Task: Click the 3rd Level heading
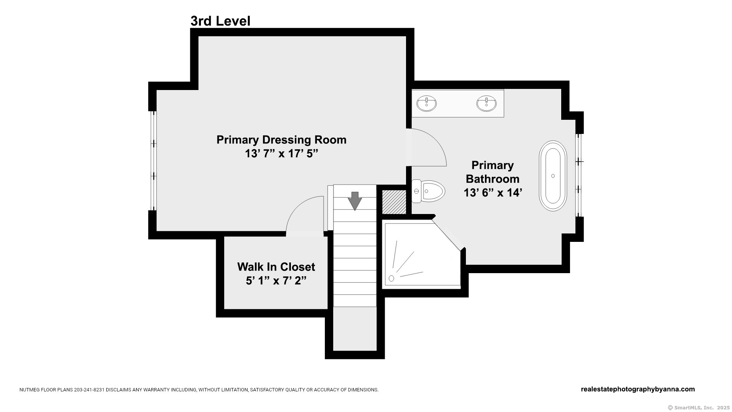click(x=220, y=21)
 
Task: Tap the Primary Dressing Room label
click(x=281, y=140)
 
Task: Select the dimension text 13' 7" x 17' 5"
click(x=281, y=154)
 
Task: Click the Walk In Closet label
click(x=276, y=267)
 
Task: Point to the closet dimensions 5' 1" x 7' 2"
click(x=276, y=281)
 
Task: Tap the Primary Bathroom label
click(x=493, y=172)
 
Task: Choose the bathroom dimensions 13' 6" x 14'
click(x=493, y=193)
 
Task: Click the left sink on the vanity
click(x=426, y=103)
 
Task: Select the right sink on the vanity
click(x=486, y=103)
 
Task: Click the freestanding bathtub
click(x=553, y=176)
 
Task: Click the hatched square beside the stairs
click(x=394, y=202)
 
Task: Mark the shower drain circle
click(x=391, y=278)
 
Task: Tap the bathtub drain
click(x=553, y=176)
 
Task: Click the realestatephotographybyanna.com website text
click(x=638, y=389)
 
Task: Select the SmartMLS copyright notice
click(x=698, y=407)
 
